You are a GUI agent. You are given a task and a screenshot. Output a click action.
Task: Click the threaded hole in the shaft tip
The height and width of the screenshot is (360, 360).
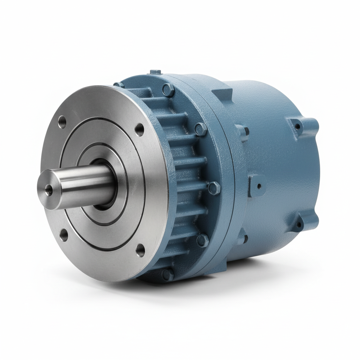point(49,190)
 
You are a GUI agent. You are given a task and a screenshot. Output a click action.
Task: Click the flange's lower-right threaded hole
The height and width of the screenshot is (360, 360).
point(140,250)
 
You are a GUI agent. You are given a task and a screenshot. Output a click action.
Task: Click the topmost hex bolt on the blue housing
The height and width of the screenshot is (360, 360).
point(169,90)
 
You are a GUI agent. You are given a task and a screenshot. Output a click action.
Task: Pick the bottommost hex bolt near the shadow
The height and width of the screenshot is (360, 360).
point(167,274)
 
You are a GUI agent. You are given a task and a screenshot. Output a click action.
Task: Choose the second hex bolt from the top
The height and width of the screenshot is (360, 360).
point(201,129)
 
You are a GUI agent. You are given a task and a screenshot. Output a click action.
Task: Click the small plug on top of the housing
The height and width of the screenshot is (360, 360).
point(154,72)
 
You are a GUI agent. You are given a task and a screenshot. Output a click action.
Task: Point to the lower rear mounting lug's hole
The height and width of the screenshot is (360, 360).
point(299,224)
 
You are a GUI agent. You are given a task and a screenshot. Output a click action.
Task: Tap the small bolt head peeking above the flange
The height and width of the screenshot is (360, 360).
point(118,85)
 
